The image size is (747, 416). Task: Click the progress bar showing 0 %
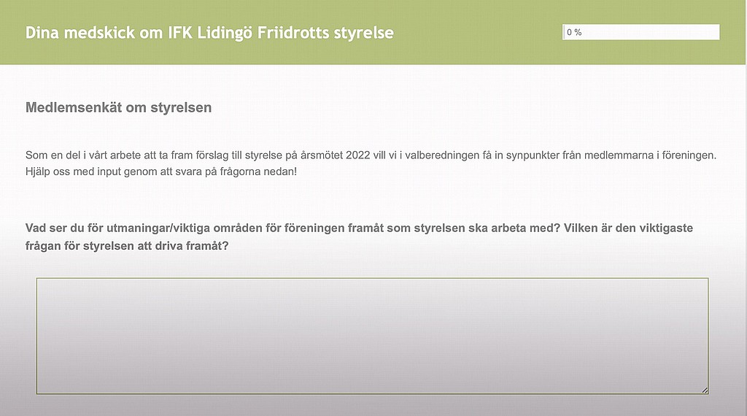click(640, 32)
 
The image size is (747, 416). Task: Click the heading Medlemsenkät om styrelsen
click(119, 108)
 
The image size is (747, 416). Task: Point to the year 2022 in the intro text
click(357, 155)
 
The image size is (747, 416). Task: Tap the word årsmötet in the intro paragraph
click(322, 155)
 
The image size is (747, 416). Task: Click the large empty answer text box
click(373, 336)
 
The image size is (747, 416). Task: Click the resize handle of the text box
click(705, 390)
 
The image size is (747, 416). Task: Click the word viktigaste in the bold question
click(666, 228)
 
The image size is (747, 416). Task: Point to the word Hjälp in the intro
click(38, 172)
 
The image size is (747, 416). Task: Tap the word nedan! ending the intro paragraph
click(282, 172)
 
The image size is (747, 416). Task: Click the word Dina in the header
click(42, 33)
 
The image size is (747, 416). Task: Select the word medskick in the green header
click(99, 33)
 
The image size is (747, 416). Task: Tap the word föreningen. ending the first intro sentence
click(688, 155)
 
